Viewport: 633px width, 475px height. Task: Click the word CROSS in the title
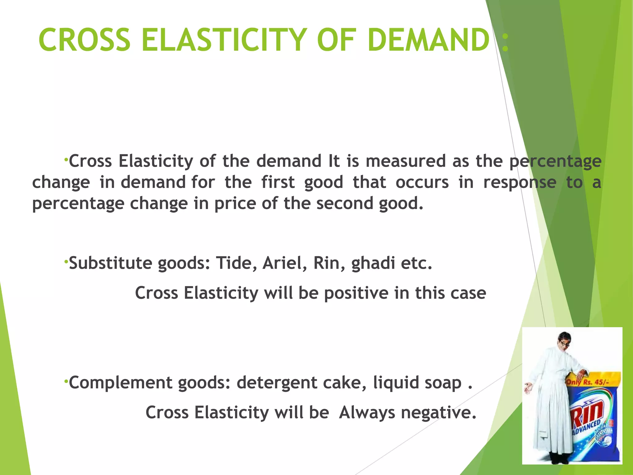point(84,40)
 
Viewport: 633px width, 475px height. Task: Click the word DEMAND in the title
point(428,40)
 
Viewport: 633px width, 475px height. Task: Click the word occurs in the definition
point(422,182)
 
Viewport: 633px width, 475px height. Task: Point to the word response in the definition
point(520,182)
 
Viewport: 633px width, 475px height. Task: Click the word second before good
point(345,203)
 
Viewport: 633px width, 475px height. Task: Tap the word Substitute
point(110,263)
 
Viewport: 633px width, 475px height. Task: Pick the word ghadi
point(373,264)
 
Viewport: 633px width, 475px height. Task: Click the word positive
point(356,293)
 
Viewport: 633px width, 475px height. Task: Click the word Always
point(367,413)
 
